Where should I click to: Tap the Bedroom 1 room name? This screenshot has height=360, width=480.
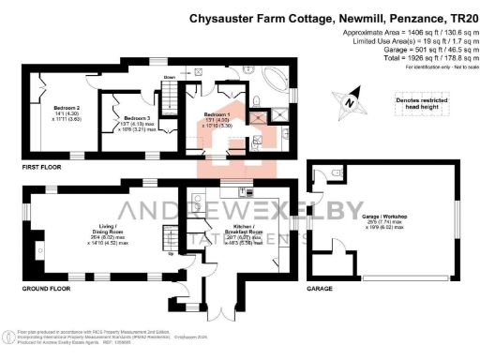tap(218, 113)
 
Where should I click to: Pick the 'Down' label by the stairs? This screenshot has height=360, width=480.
tap(170, 79)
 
